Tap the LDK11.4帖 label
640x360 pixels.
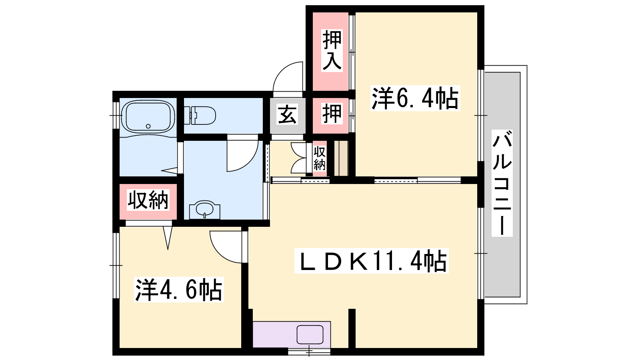click(372, 261)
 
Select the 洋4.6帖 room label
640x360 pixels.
click(179, 290)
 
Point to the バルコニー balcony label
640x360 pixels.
click(502, 183)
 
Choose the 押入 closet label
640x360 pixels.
click(332, 50)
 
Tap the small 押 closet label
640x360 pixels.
click(332, 114)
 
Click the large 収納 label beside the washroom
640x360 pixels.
click(148, 200)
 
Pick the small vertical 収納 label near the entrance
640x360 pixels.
click(320, 158)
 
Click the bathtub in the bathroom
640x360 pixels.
click(148, 116)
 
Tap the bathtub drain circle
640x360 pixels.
click(148, 126)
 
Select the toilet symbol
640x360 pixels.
click(200, 116)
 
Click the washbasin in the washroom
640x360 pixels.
click(205, 210)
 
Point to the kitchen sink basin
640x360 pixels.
click(310, 334)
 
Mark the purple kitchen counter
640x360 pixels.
click(292, 334)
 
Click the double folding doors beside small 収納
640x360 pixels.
click(298, 158)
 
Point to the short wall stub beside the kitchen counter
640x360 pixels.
click(352, 328)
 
